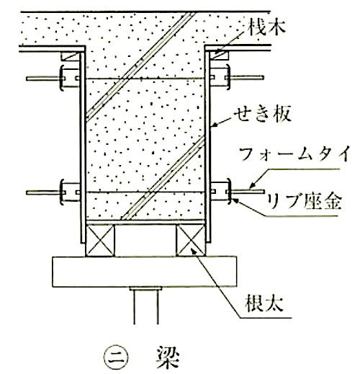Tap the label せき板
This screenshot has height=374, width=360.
263,114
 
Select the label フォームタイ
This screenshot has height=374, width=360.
294,154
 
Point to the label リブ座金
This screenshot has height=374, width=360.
304,201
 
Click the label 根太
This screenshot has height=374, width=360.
264,303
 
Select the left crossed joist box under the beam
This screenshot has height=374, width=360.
100,241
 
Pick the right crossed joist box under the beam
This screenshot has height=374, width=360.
191,241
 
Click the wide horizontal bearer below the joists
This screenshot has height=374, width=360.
145,272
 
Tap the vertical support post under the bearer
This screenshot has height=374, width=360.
146,306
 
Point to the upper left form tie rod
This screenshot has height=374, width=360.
43,79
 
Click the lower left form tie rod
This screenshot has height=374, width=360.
43,192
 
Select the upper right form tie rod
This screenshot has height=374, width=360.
247,78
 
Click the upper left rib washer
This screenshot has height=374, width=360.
62,78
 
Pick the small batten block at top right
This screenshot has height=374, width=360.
219,55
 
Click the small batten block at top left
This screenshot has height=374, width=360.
70,56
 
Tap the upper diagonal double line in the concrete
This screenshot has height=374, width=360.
140,66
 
